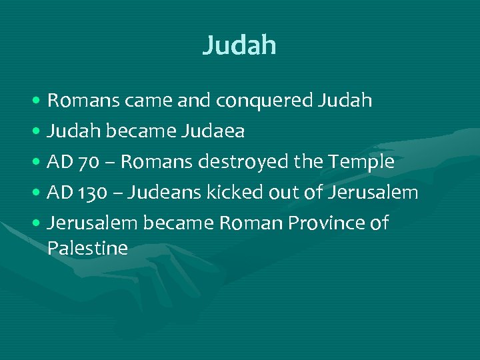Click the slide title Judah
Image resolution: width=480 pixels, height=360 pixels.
(x=239, y=45)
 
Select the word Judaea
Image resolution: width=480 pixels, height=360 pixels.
(x=213, y=131)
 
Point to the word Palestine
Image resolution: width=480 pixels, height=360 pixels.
(x=87, y=249)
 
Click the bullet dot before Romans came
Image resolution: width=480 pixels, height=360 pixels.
(x=37, y=101)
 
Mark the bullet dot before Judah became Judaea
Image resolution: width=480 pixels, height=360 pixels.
(x=37, y=132)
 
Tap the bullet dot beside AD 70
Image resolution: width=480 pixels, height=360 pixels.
(x=37, y=163)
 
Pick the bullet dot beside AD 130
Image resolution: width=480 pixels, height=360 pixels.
(x=37, y=193)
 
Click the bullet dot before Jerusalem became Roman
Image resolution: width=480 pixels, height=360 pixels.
(x=37, y=224)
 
